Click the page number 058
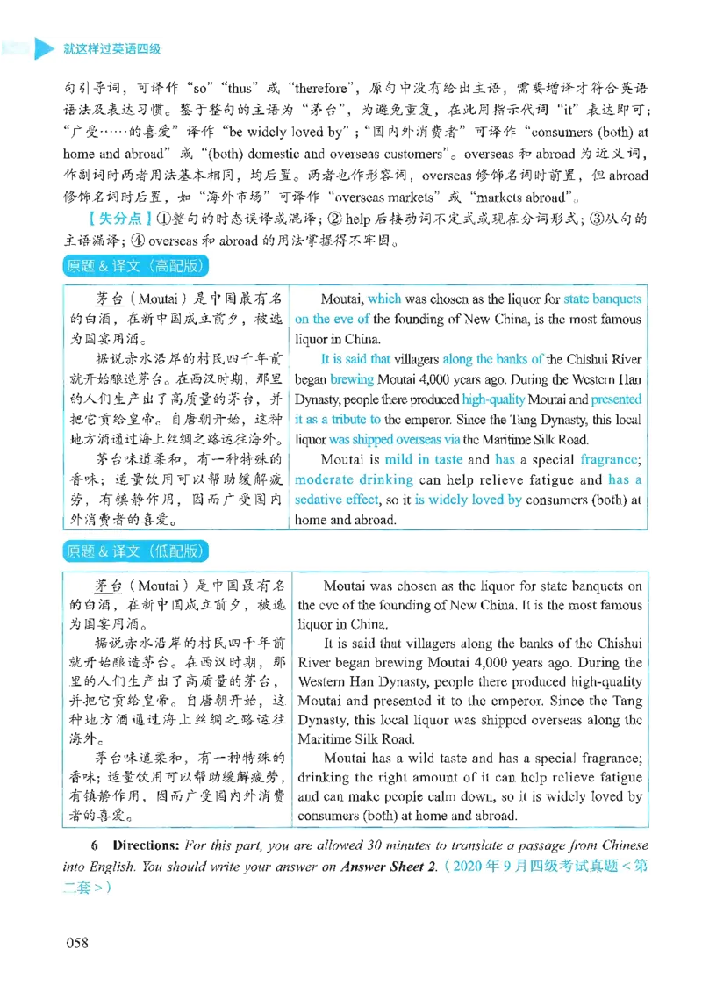pyautogui.click(x=77, y=942)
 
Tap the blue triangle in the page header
pyautogui.click(x=44, y=49)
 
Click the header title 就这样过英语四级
pyautogui.click(x=111, y=49)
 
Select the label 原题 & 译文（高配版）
pyautogui.click(x=135, y=266)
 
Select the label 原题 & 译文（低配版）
pyautogui.click(x=135, y=551)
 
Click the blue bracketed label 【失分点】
pyautogui.click(x=119, y=219)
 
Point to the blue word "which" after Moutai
pyautogui.click(x=384, y=299)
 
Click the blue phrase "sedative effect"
pyautogui.click(x=337, y=500)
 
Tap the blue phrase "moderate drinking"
pyautogui.click(x=354, y=479)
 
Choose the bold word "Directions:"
pyautogui.click(x=147, y=845)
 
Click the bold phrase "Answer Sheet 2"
pyautogui.click(x=388, y=866)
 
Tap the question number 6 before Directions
pyautogui.click(x=95, y=845)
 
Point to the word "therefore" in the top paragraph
pyautogui.click(x=321, y=88)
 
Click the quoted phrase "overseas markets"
pyautogui.click(x=384, y=197)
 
